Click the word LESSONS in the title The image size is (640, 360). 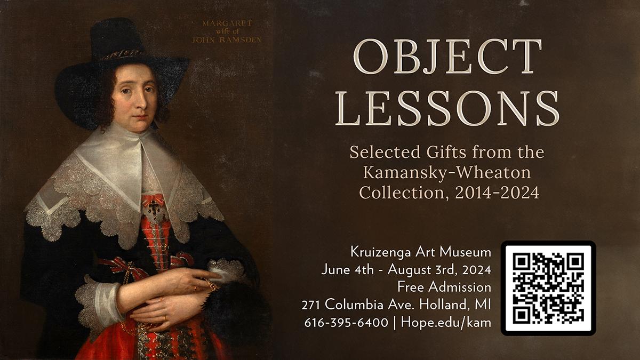coord(447,109)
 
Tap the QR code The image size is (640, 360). coord(548,288)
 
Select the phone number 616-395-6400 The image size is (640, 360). coord(346,323)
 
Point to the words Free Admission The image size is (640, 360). coord(444,287)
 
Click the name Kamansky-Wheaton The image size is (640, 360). coord(447,172)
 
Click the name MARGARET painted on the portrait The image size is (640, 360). coord(227,23)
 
